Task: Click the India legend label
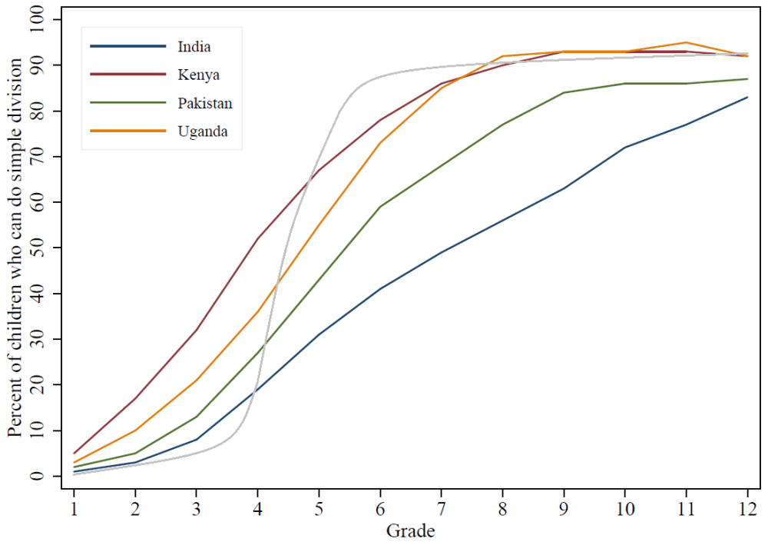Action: tap(194, 47)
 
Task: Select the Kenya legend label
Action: tap(197, 75)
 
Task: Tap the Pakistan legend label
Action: tap(204, 103)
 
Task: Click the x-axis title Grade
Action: tap(410, 530)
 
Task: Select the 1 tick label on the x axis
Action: tap(74, 509)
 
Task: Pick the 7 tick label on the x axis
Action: tap(441, 509)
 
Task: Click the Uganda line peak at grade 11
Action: tap(686, 43)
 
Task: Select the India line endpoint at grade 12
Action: tap(747, 98)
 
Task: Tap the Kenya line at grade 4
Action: tap(257, 239)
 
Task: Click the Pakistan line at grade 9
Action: tap(564, 93)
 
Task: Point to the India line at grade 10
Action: tap(625, 148)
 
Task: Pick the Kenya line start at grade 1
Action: tap(74, 454)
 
